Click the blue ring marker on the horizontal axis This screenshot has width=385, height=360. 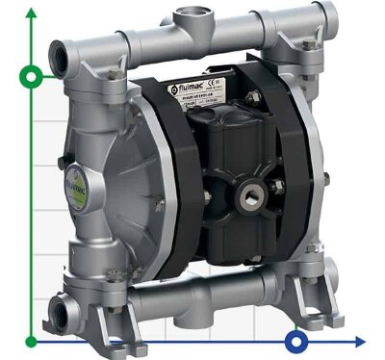coord(296,340)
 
